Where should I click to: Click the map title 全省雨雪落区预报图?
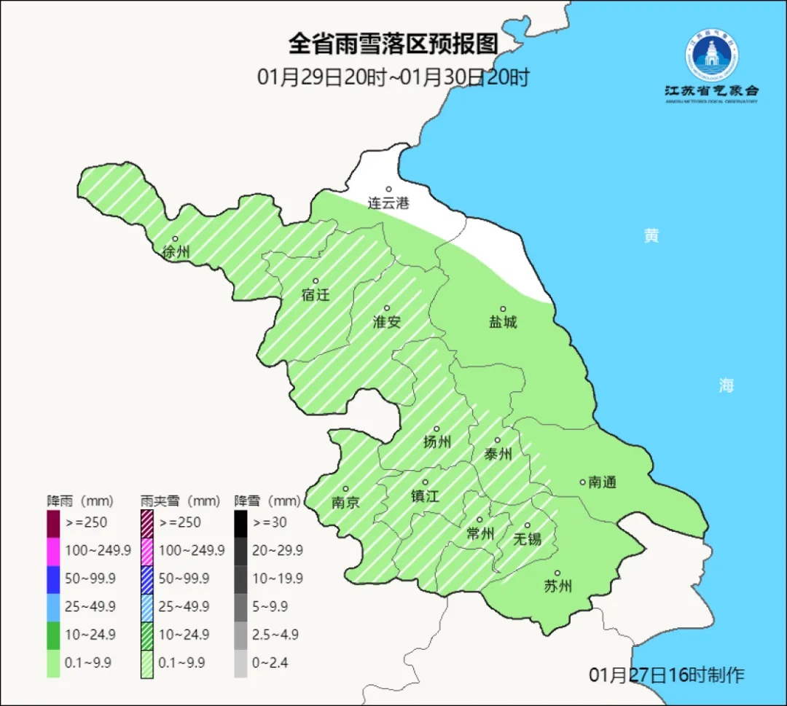pos(393,44)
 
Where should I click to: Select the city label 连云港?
pos(388,203)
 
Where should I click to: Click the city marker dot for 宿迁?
pos(316,281)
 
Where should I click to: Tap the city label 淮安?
pos(387,322)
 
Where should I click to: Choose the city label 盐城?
pos(502,322)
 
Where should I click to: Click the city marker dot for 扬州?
pos(436,429)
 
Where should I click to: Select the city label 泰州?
pos(498,455)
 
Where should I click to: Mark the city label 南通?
pos(602,482)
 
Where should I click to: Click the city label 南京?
pos(345,503)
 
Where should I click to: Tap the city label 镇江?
pos(425,496)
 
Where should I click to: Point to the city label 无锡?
pos(527,539)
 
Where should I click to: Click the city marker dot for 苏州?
pos(557,573)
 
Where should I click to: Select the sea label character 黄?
pos(651,236)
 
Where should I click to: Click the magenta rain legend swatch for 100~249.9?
pos(53,550)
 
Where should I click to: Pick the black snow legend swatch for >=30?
pos(240,522)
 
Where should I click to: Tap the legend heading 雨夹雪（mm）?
pos(180,501)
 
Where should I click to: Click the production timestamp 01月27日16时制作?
pos(667,675)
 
